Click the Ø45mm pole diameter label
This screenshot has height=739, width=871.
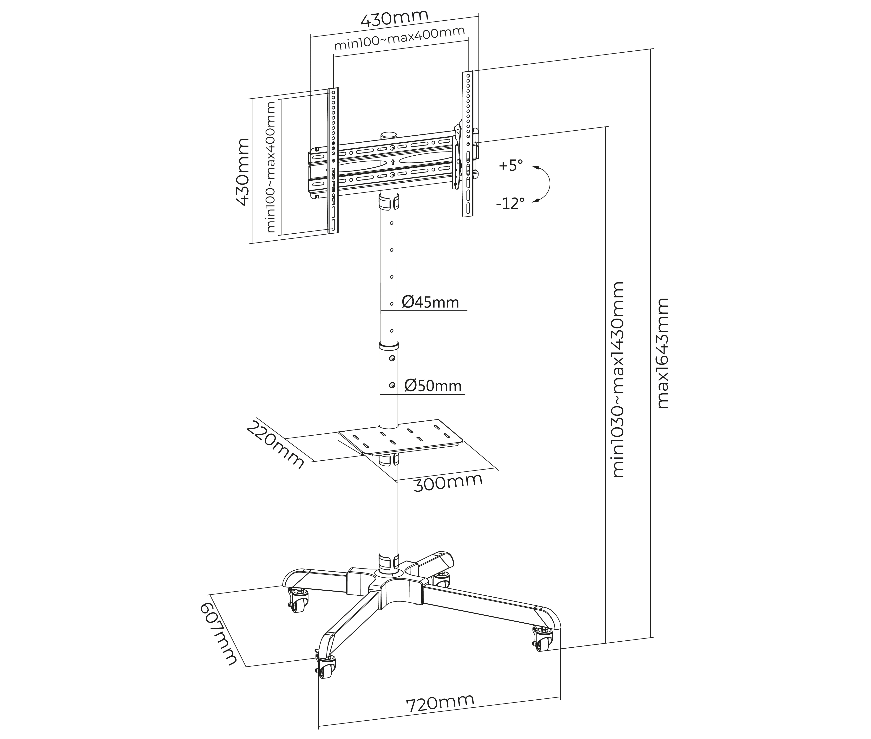[430, 302]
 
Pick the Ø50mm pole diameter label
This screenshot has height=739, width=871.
[433, 386]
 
